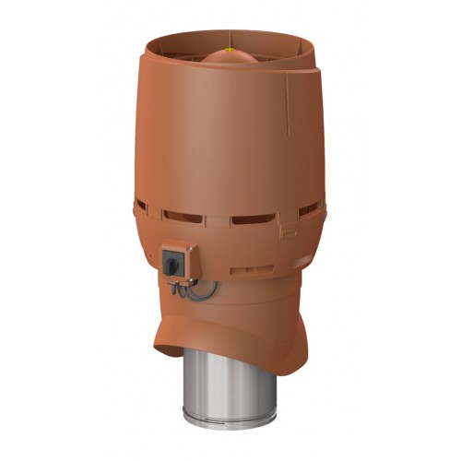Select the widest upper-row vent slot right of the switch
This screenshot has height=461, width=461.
coord(254,220)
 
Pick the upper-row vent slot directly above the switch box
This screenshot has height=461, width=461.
coord(184,219)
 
